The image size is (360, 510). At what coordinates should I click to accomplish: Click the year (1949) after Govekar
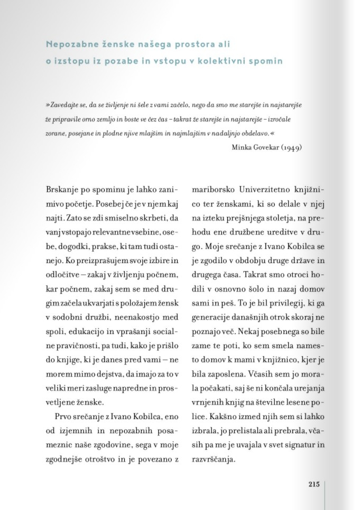click(x=290, y=147)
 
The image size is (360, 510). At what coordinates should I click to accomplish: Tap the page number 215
click(x=314, y=485)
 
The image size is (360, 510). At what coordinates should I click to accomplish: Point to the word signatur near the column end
click(x=302, y=445)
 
